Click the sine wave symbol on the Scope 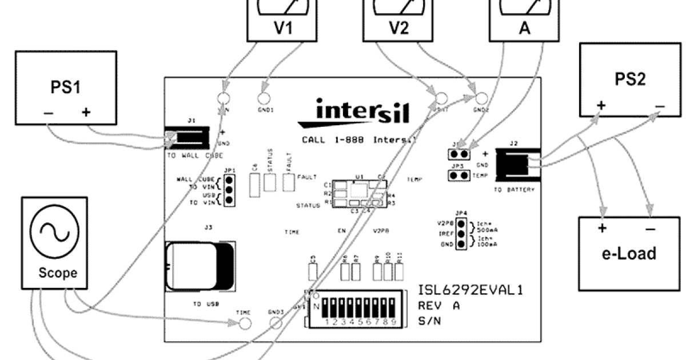(x=54, y=235)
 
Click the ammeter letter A (x=525, y=29)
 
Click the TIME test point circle (x=245, y=323)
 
